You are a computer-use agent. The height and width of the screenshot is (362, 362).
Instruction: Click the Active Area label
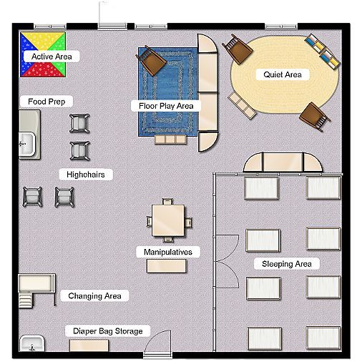coord(51,56)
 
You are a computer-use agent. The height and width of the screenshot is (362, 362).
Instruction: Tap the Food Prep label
coord(47,102)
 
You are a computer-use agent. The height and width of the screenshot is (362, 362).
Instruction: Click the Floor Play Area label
coord(166,106)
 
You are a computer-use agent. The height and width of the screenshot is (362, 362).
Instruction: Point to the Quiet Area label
coord(282,74)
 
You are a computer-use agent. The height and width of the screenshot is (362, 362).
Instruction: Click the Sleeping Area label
coord(286,264)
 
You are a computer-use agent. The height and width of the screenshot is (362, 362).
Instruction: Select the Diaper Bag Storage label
coord(108,331)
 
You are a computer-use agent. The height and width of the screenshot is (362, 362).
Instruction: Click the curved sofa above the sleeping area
coord(282,164)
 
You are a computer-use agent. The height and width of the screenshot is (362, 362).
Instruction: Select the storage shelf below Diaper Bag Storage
coord(89,345)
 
